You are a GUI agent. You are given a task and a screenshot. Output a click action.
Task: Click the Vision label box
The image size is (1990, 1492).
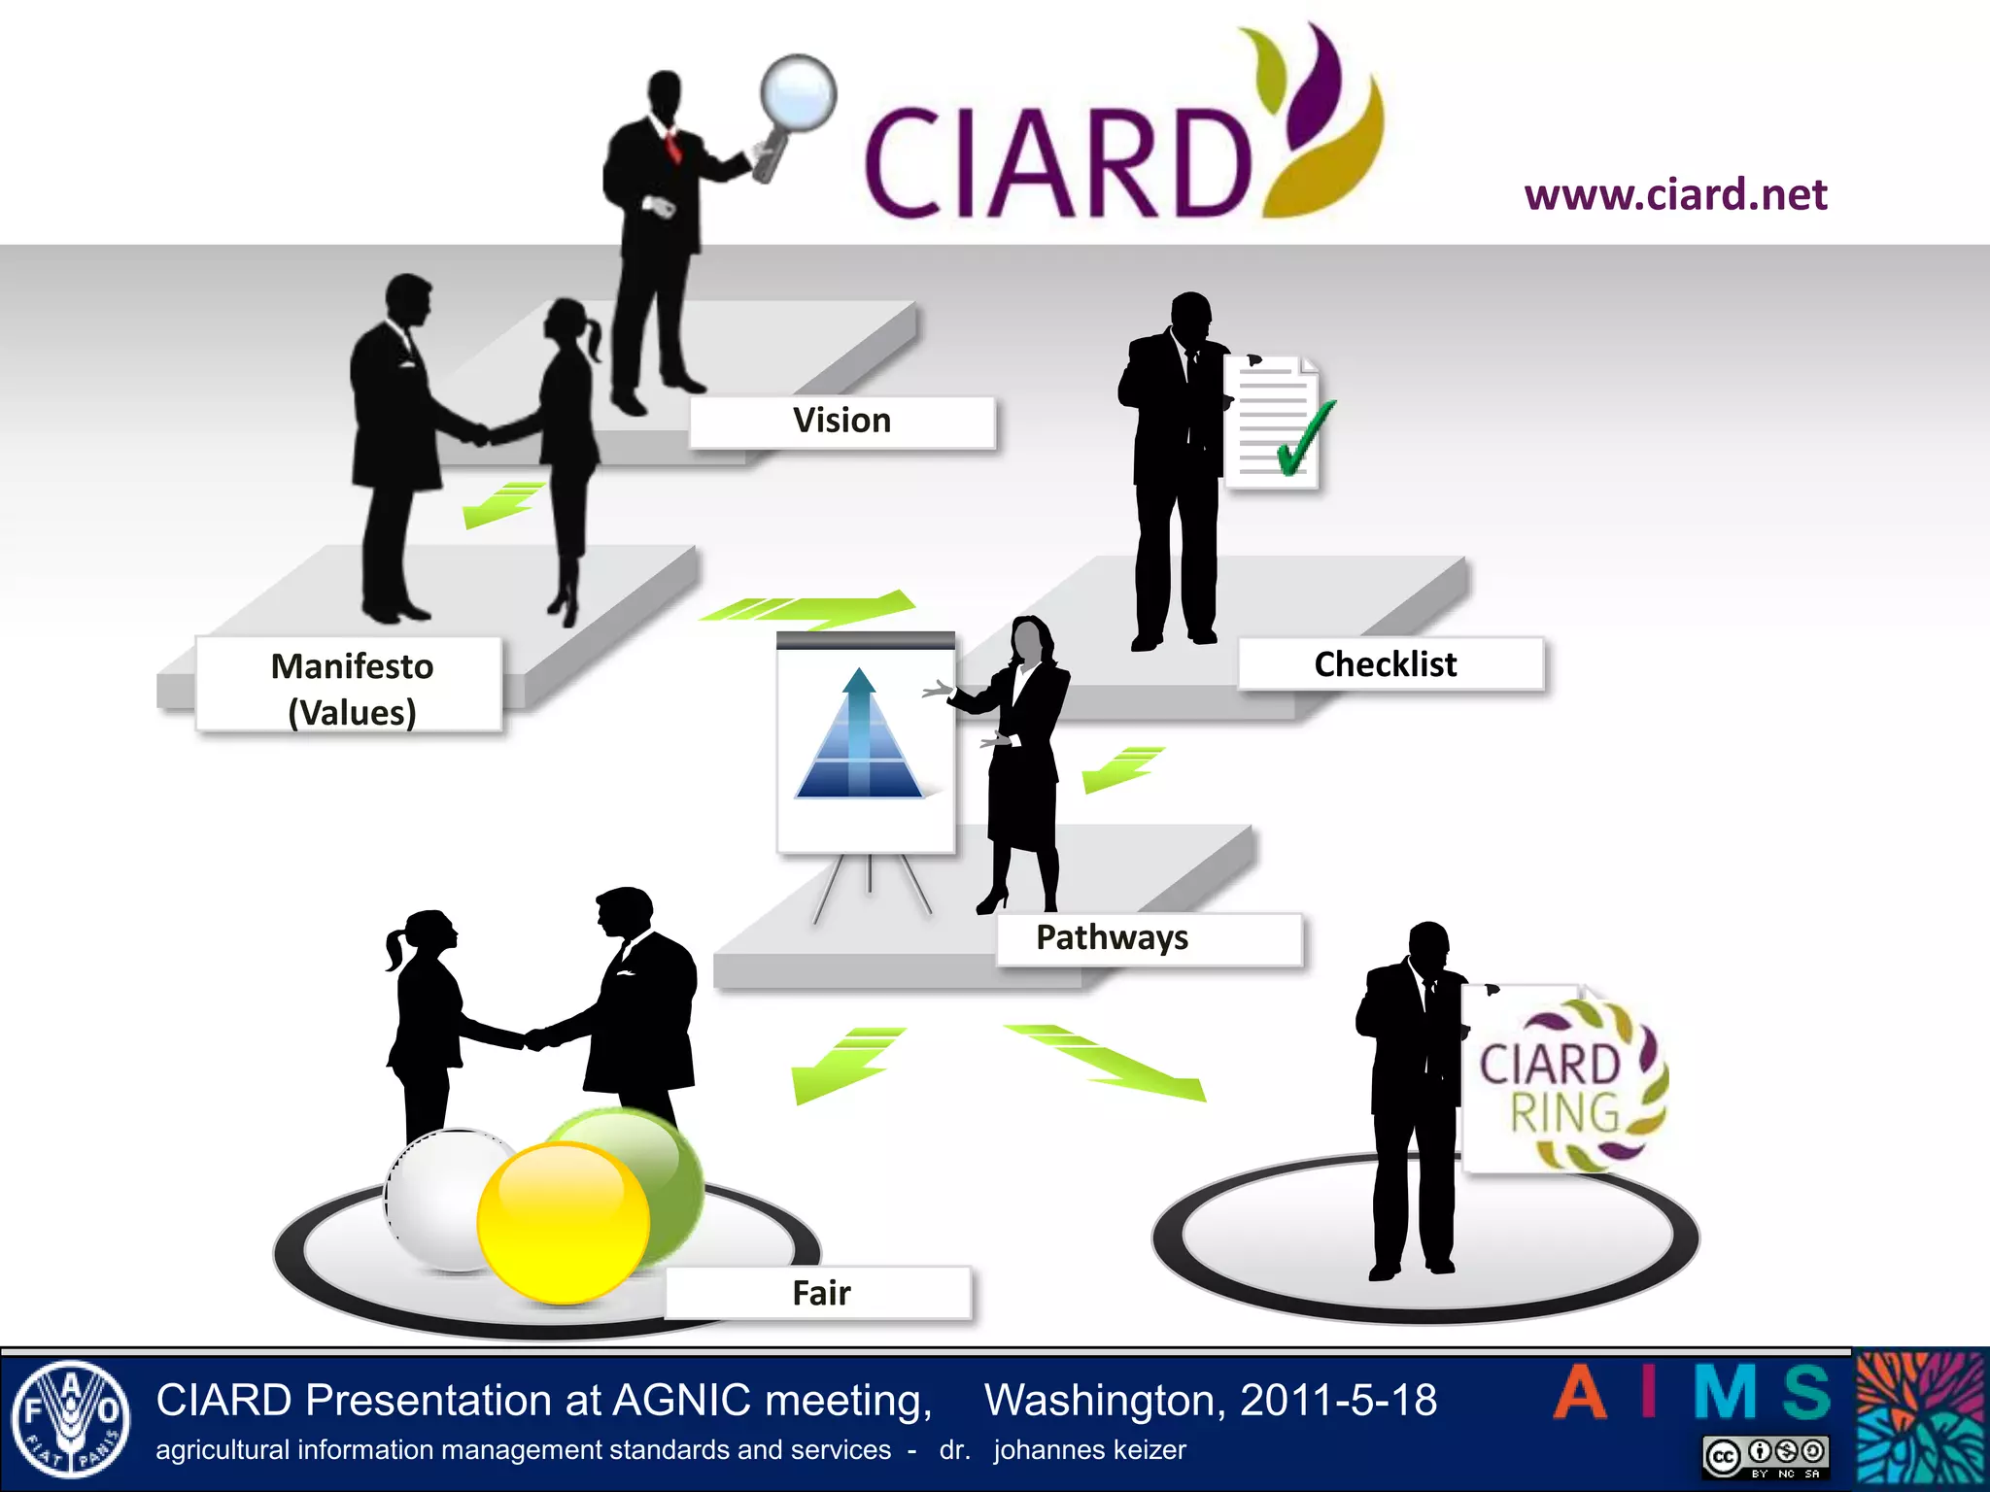pos(841,422)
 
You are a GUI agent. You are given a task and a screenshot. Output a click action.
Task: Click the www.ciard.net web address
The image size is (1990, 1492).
pos(1675,194)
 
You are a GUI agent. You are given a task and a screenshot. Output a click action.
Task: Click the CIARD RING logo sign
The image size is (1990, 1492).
pos(1564,1083)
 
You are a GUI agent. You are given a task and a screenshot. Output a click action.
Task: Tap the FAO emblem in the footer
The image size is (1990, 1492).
pos(70,1419)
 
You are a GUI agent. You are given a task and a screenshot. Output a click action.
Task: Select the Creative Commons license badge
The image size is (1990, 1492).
pos(1765,1455)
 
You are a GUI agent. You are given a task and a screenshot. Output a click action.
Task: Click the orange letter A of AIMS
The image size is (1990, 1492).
pos(1581,1393)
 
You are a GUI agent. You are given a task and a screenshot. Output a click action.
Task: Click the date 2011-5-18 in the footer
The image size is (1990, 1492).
pos(1338,1401)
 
